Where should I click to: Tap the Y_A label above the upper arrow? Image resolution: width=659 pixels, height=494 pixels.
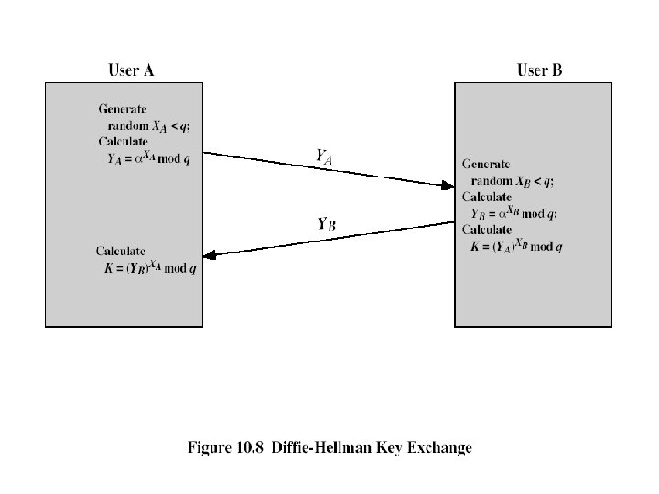point(323,156)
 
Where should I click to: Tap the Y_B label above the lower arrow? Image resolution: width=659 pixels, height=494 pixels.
point(325,222)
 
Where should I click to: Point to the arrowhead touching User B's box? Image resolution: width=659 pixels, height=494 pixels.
point(447,186)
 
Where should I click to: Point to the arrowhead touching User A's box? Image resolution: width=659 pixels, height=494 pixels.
point(211,255)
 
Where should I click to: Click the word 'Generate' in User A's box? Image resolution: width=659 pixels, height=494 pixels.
point(122,109)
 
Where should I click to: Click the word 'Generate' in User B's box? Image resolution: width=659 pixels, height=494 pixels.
point(486,165)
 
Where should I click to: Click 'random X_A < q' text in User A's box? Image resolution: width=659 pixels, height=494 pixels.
point(150,125)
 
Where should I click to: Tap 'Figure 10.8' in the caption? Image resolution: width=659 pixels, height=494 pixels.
point(220,447)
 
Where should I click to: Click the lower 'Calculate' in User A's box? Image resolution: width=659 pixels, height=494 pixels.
point(122,252)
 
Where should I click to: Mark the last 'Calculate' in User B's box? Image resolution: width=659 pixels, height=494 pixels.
point(486,230)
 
